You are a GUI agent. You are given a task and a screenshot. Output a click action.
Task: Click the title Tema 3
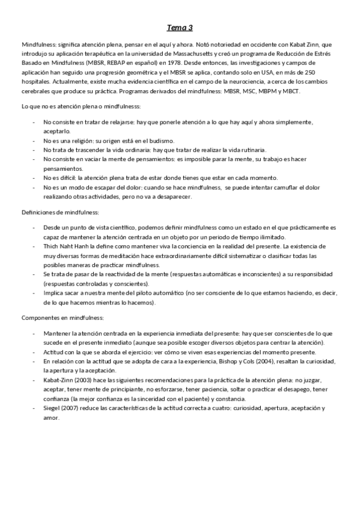click(x=180, y=28)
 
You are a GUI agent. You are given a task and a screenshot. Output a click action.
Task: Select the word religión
click(x=81, y=140)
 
